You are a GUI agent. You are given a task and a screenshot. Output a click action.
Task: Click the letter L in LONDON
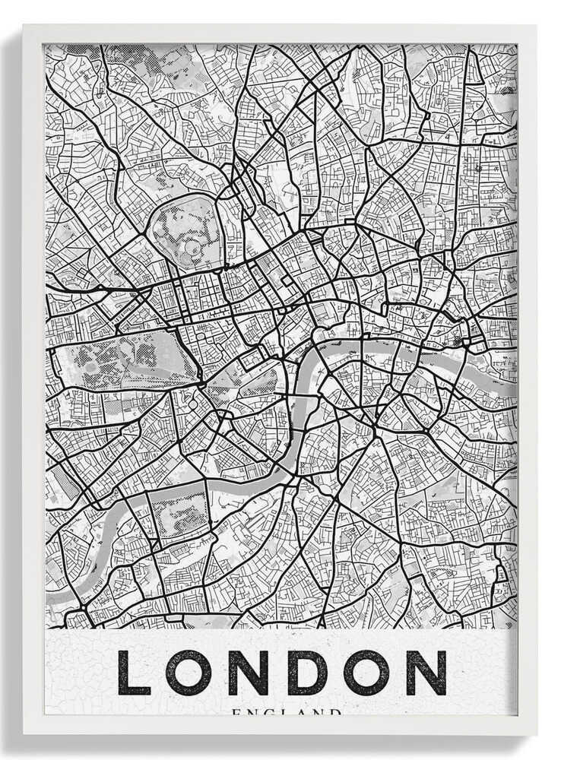coord(133,673)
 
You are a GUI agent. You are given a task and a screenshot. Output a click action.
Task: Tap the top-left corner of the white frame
coord(24,26)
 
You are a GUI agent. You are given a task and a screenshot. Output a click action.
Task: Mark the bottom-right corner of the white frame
coord(536,733)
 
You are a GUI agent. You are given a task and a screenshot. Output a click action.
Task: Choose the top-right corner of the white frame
coord(536,26)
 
